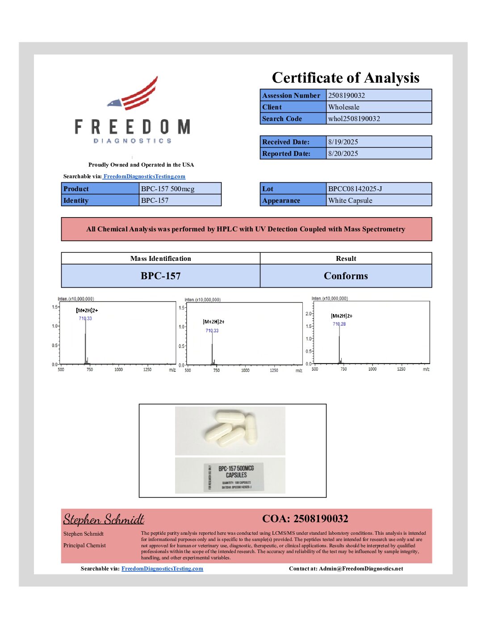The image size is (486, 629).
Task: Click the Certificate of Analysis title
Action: click(345, 78)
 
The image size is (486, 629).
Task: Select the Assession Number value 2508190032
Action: click(347, 96)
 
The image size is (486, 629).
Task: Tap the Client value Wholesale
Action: click(344, 107)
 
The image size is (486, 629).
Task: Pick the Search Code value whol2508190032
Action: click(354, 119)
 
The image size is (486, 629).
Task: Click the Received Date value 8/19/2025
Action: click(343, 142)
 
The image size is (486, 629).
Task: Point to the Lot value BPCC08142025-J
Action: click(355, 189)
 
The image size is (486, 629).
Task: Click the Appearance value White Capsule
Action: click(350, 201)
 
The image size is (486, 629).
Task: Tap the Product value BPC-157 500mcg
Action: click(168, 189)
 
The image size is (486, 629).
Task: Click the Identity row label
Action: click(76, 201)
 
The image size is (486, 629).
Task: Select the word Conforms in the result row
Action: click(346, 276)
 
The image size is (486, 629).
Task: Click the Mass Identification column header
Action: click(160, 259)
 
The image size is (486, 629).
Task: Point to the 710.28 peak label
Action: click(339, 324)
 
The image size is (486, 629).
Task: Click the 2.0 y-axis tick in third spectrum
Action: click(308, 314)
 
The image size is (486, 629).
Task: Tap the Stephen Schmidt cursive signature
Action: click(104, 519)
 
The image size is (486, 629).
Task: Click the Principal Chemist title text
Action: click(84, 545)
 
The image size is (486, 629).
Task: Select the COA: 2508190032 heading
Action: click(305, 519)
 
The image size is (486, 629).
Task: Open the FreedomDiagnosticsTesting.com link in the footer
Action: click(162, 569)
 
